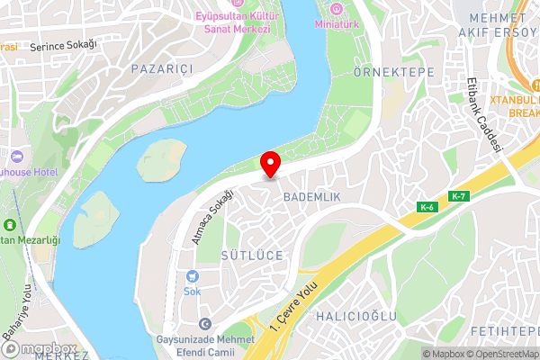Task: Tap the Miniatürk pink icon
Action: tap(337, 10)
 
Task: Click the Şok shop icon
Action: tap(192, 276)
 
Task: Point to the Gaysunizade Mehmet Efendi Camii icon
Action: tap(205, 323)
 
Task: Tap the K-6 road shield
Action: tap(427, 208)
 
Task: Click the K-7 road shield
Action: tap(458, 196)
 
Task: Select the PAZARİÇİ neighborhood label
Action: tap(163, 68)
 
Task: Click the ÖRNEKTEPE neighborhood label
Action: tap(394, 72)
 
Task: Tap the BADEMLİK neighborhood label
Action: tap(310, 195)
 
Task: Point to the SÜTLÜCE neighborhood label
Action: tap(252, 256)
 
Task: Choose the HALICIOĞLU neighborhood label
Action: tap(356, 316)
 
